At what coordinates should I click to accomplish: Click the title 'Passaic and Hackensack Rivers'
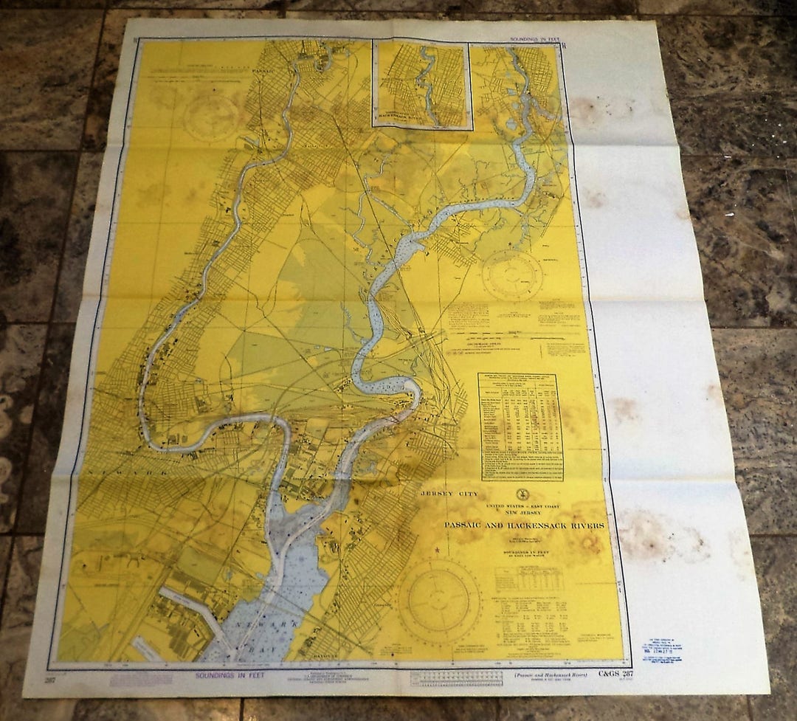click(524, 525)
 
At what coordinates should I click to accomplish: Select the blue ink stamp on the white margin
click(662, 652)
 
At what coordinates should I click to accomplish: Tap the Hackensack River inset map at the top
click(421, 84)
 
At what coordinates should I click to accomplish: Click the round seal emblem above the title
click(522, 498)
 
